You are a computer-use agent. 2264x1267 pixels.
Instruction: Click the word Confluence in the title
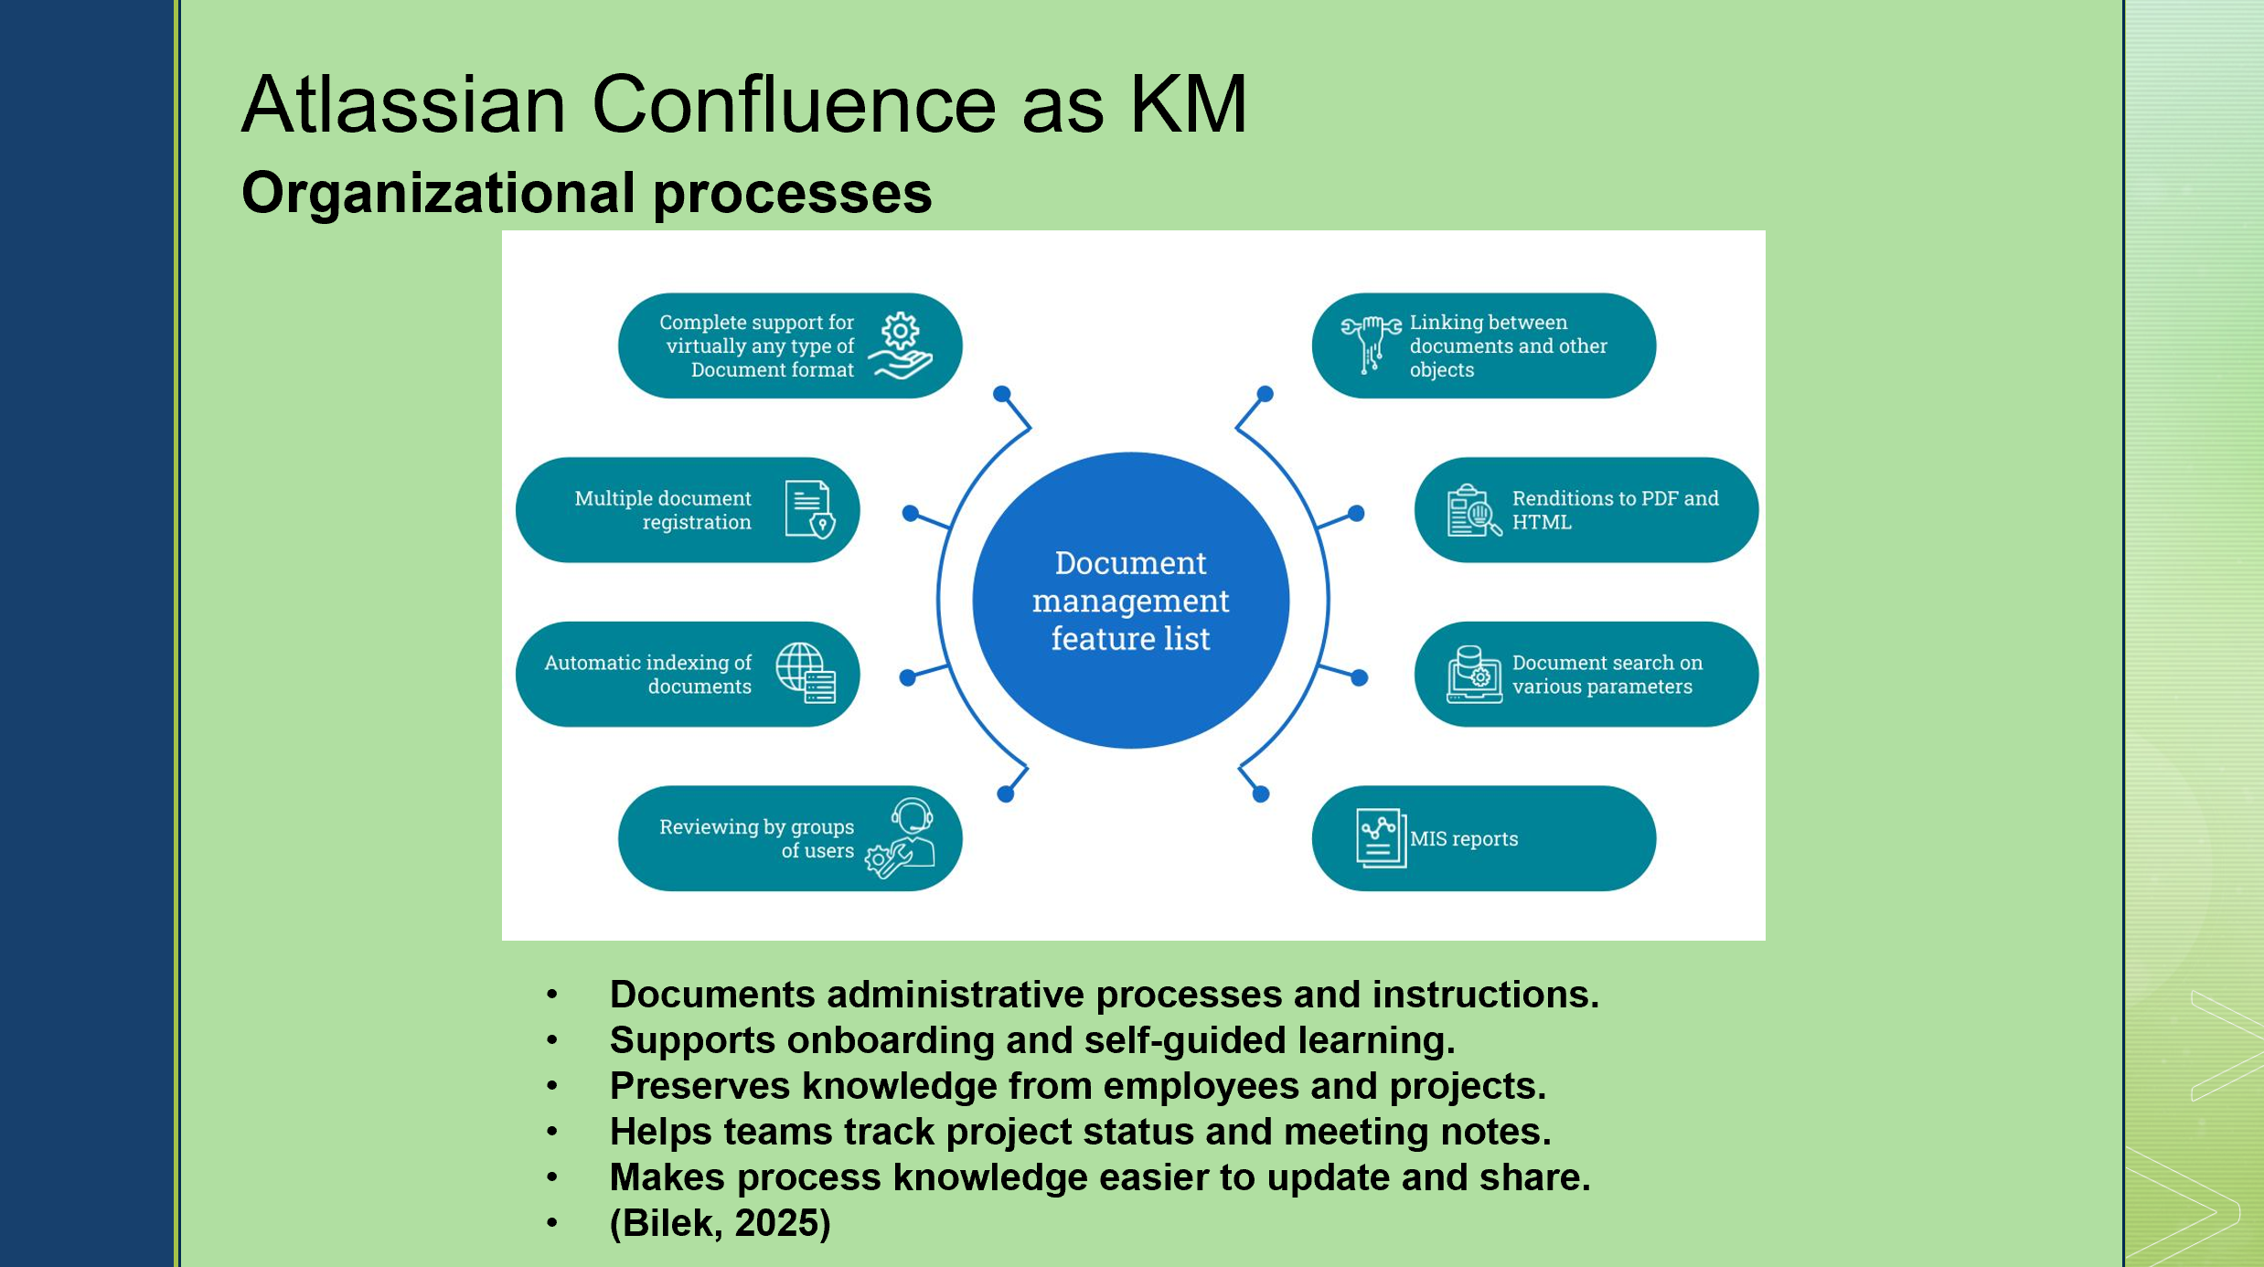coord(794,104)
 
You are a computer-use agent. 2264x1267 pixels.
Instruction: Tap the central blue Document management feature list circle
coord(1131,601)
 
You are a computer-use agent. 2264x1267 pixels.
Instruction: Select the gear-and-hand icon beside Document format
coord(901,346)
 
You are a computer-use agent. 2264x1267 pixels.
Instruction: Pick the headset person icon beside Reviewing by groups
coord(901,838)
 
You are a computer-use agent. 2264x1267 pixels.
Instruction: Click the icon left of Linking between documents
coord(1371,345)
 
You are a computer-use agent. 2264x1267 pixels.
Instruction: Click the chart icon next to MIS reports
coord(1381,837)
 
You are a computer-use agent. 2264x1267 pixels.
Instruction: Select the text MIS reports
coord(1463,839)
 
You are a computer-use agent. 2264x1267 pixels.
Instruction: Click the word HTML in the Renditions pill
coord(1542,522)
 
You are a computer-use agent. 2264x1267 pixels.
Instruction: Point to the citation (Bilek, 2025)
coord(721,1223)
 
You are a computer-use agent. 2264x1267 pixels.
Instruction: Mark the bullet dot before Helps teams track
coord(552,1132)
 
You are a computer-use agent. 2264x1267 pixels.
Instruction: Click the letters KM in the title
coord(1189,104)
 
